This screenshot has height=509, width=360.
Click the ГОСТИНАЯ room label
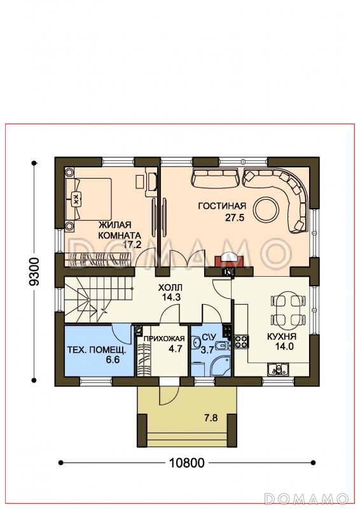pyautogui.click(x=222, y=206)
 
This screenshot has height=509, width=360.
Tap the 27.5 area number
pyautogui.click(x=234, y=218)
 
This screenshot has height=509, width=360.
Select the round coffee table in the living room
pyautogui.click(x=267, y=209)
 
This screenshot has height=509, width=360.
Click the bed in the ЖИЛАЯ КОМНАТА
pyautogui.click(x=88, y=199)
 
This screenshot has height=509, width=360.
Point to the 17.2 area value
pyautogui.click(x=132, y=244)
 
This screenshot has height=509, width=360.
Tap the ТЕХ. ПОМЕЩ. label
pyautogui.click(x=97, y=350)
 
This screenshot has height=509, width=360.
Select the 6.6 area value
pyautogui.click(x=113, y=359)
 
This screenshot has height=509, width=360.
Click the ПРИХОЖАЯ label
pyautogui.click(x=163, y=339)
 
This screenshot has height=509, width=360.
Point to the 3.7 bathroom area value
pyautogui.click(x=207, y=351)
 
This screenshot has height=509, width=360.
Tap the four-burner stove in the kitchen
pyautogui.click(x=241, y=342)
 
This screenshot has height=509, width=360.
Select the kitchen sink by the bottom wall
pyautogui.click(x=278, y=369)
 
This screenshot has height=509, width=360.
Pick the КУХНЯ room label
pyautogui.click(x=281, y=337)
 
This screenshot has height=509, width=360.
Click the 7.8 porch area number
pyautogui.click(x=211, y=417)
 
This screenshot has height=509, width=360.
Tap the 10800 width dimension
pyautogui.click(x=186, y=463)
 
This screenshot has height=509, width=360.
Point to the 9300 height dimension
pyautogui.click(x=34, y=272)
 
